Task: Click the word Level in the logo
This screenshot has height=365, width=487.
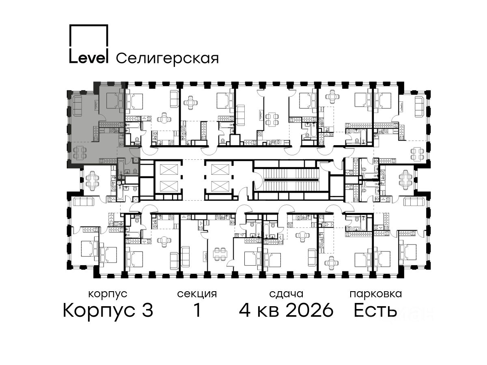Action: (x=88, y=58)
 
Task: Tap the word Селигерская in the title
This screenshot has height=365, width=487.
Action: (x=167, y=59)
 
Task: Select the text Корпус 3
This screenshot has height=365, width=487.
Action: (x=108, y=310)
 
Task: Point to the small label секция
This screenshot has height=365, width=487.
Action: (x=197, y=294)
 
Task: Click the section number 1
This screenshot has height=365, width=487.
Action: (x=197, y=310)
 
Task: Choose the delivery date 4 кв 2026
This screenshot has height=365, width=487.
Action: (x=286, y=310)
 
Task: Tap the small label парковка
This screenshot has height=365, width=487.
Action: (x=376, y=294)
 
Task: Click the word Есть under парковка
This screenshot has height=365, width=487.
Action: (x=375, y=310)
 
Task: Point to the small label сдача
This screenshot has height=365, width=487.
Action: (x=286, y=294)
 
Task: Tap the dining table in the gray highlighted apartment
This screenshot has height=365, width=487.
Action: (x=79, y=153)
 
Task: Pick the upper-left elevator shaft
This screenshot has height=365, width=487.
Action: (x=169, y=170)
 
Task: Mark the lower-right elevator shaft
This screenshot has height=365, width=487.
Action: (x=220, y=186)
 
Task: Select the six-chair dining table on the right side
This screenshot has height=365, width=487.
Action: (x=405, y=180)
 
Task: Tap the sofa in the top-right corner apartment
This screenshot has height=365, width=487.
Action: (x=420, y=107)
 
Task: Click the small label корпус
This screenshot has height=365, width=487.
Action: (x=108, y=294)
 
